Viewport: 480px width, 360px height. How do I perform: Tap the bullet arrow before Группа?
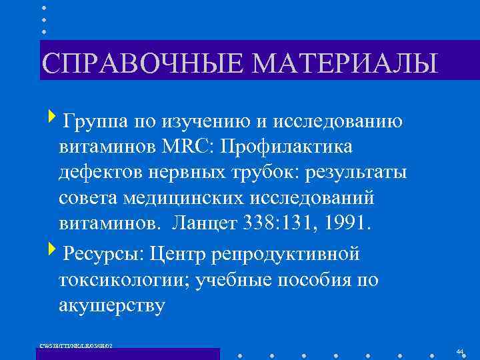click(x=53, y=119)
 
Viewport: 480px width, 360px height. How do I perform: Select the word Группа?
click(x=93, y=121)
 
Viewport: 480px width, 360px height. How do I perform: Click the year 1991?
click(x=347, y=225)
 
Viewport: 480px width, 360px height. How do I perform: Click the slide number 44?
click(x=460, y=351)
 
